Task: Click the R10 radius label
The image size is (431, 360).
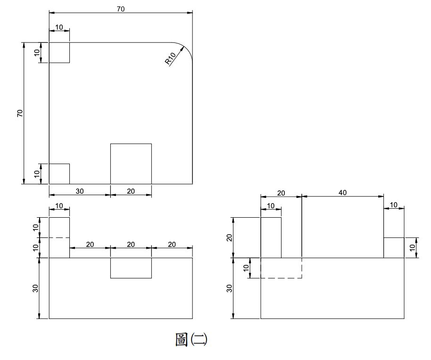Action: pos(170,58)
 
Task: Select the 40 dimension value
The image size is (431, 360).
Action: pos(343,192)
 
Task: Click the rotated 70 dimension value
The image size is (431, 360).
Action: pos(20,113)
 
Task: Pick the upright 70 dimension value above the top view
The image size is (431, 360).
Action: pos(121,9)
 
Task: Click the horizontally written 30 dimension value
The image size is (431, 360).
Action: pos(80,191)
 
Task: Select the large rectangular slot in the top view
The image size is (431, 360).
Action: pos(131,164)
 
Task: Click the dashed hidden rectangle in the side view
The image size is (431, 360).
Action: pos(281,268)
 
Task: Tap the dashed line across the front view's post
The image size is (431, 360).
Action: pos(59,237)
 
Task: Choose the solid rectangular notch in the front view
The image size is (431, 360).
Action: pos(131,268)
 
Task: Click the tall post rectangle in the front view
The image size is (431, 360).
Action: pos(59,237)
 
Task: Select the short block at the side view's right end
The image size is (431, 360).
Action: pos(394,248)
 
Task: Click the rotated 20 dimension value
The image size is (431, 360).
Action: pos(230,237)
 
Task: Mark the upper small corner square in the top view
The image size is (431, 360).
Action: pos(59,52)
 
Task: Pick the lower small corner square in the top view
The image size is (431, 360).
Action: pos(59,174)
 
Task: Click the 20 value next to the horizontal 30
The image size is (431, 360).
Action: pos(131,191)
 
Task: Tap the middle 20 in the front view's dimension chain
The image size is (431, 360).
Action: pos(131,244)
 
